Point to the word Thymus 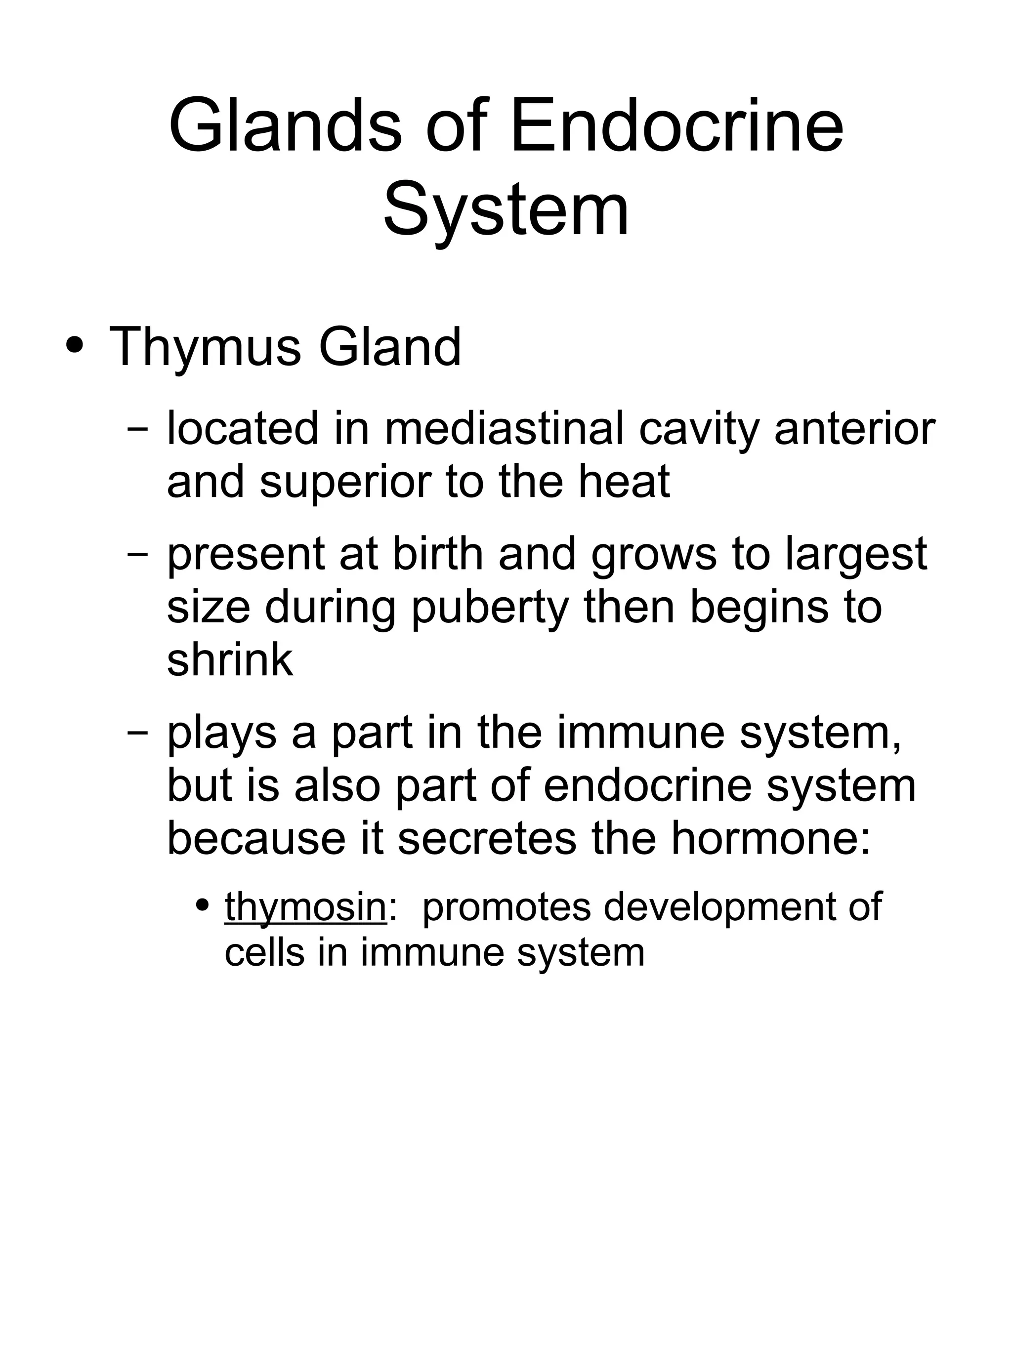pyautogui.click(x=205, y=348)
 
